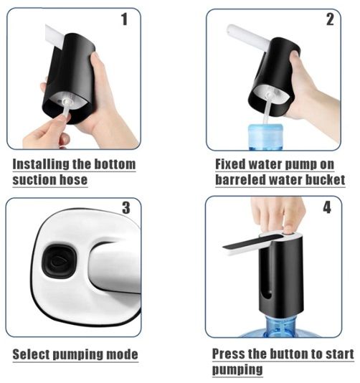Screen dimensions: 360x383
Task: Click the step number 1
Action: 125,19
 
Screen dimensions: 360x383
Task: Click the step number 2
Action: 330,19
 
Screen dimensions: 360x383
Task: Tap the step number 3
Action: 126,208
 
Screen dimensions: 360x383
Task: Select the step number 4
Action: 327,207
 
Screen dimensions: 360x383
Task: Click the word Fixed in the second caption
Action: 230,164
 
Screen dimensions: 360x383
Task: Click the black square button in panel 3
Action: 60,262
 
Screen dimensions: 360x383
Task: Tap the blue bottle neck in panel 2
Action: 266,136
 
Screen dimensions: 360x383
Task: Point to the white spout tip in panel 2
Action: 230,30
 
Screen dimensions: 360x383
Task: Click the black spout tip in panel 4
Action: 225,247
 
